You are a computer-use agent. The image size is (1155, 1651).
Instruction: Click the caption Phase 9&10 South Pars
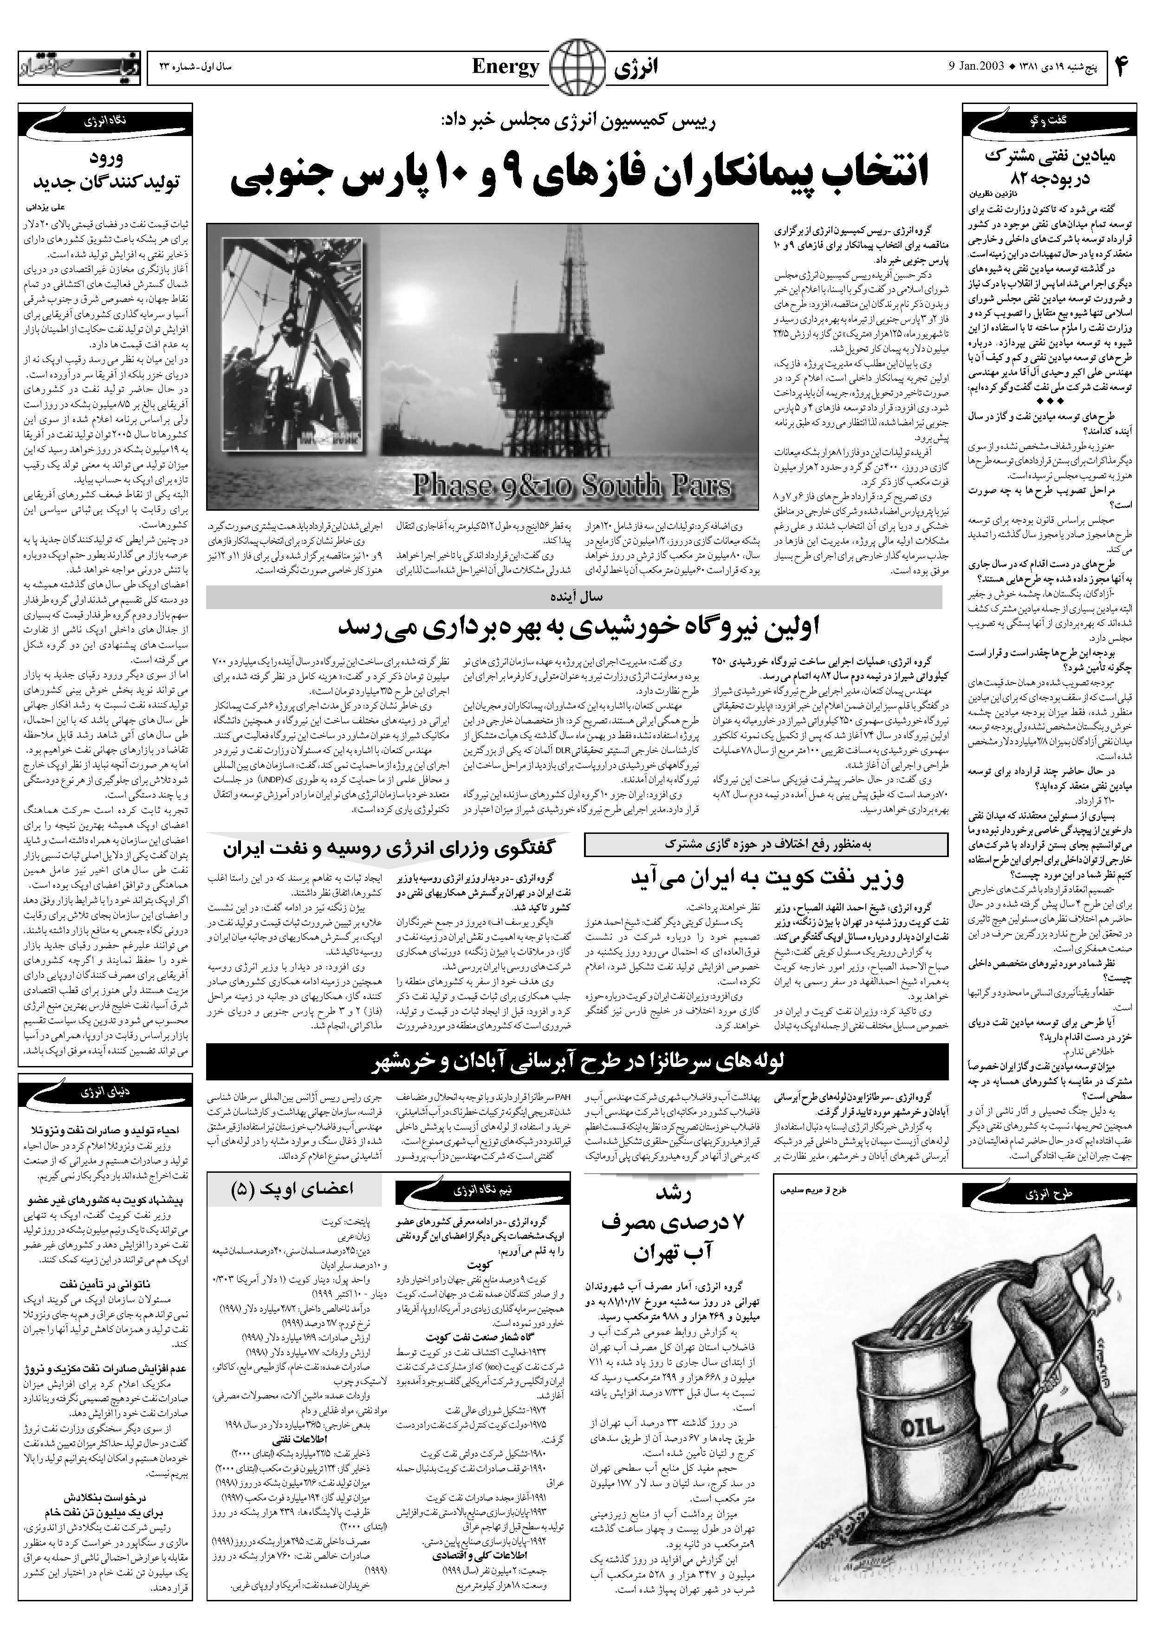tap(572, 487)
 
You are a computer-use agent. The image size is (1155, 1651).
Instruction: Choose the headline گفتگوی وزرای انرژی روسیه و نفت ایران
tap(389, 849)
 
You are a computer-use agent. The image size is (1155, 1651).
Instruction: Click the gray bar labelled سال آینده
tap(573, 597)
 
